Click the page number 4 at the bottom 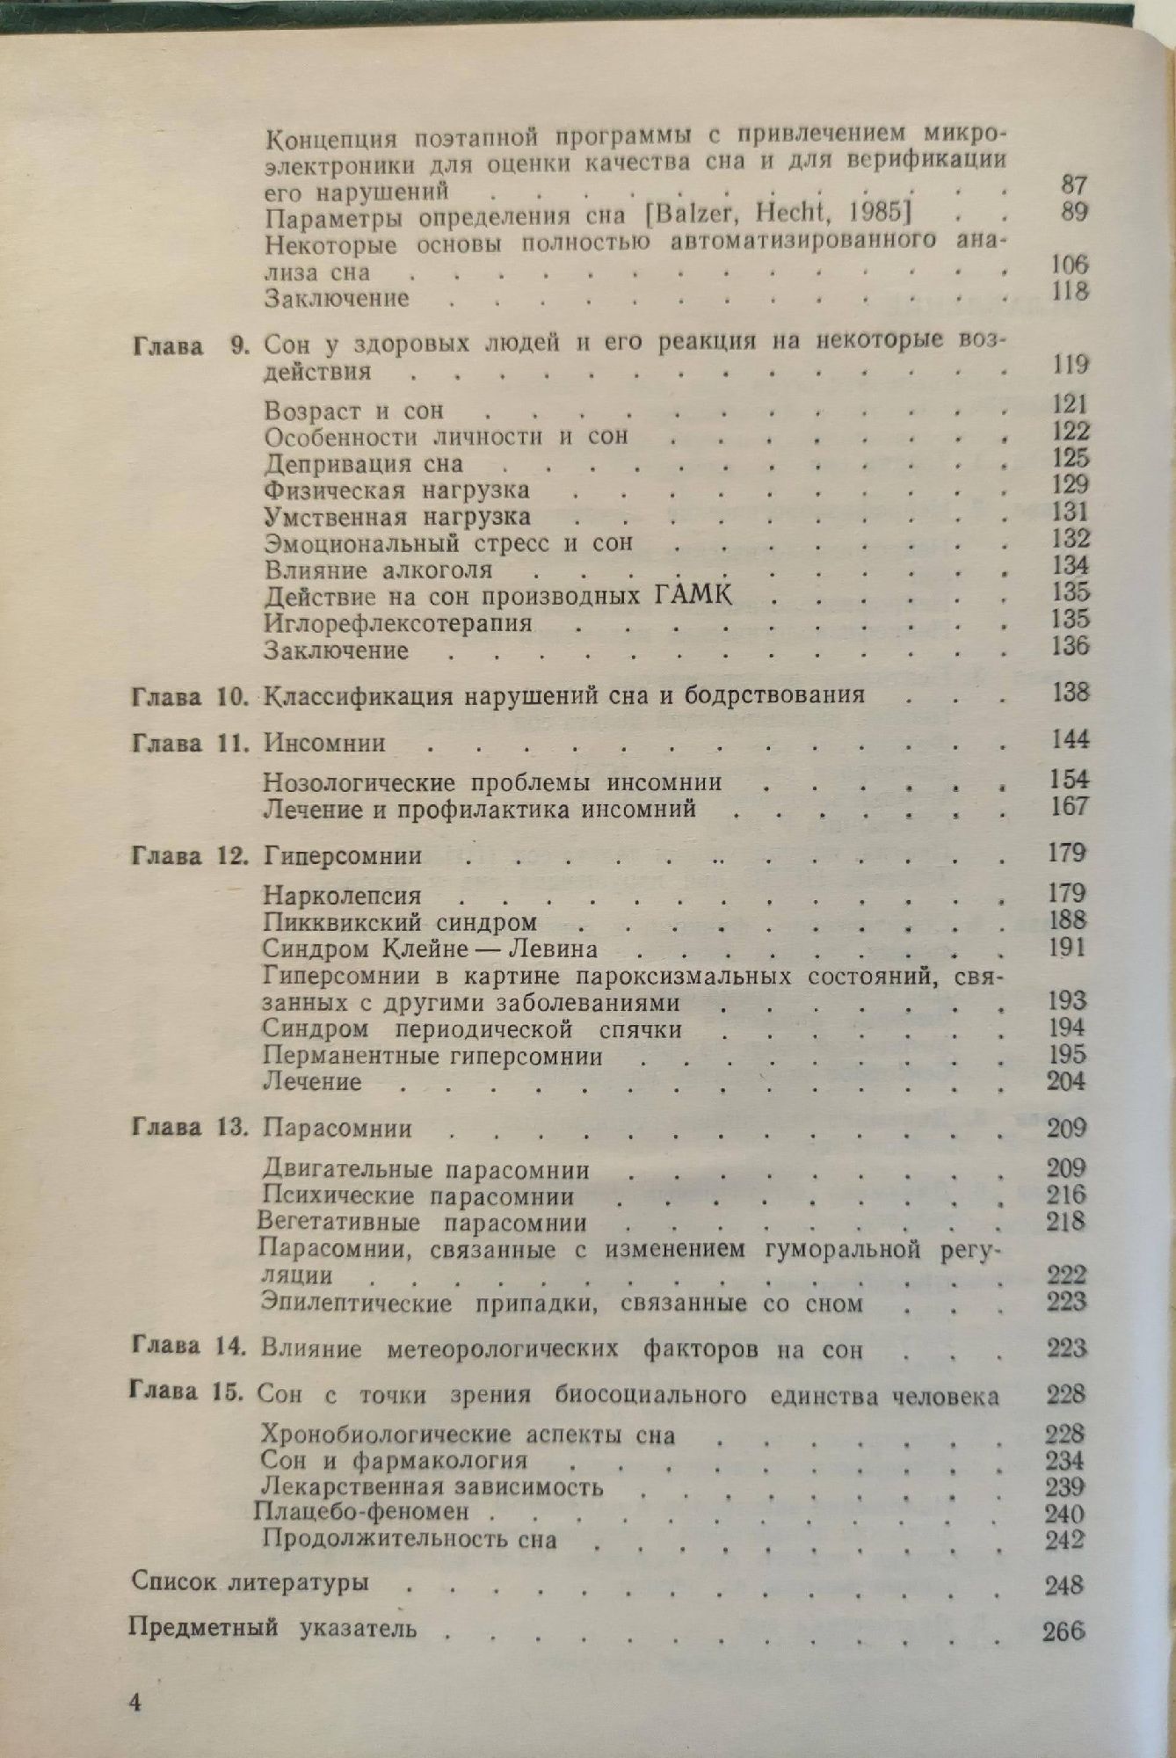coord(135,1701)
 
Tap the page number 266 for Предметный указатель coord(1063,1631)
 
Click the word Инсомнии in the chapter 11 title coord(324,744)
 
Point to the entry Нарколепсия coord(342,896)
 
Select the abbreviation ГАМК coord(694,595)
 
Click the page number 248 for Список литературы coord(1064,1585)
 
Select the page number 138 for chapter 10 coord(1070,693)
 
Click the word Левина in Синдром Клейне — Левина coord(555,949)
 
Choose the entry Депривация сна coord(363,463)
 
